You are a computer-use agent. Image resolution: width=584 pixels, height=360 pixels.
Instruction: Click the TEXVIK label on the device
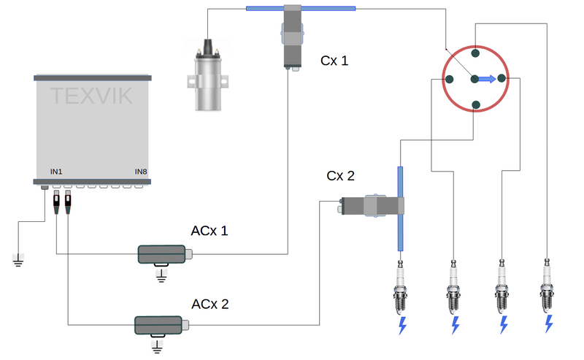(x=91, y=94)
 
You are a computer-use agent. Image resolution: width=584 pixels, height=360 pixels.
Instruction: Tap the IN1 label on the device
(x=56, y=172)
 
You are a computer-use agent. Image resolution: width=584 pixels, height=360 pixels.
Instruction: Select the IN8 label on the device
(x=141, y=172)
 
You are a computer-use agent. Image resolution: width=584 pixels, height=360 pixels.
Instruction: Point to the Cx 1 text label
(x=334, y=61)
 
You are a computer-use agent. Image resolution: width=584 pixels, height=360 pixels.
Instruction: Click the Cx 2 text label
(x=340, y=176)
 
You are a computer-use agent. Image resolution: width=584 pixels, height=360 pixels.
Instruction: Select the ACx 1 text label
(x=210, y=231)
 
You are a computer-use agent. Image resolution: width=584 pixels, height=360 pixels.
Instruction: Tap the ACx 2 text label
(x=210, y=303)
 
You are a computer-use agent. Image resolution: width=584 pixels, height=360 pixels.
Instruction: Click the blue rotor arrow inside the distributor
(x=486, y=79)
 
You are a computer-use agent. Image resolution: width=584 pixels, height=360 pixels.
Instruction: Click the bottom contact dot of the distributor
(x=475, y=104)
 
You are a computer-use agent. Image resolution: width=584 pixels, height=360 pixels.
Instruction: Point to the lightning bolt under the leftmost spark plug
(x=401, y=326)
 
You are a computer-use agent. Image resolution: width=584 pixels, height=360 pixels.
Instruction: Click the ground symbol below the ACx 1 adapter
(x=161, y=275)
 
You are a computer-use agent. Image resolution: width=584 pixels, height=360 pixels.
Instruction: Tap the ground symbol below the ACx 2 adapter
(x=155, y=345)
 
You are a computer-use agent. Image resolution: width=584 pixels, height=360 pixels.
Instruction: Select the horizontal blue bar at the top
(x=301, y=9)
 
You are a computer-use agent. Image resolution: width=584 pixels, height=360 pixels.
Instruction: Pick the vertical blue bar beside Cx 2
(x=400, y=208)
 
